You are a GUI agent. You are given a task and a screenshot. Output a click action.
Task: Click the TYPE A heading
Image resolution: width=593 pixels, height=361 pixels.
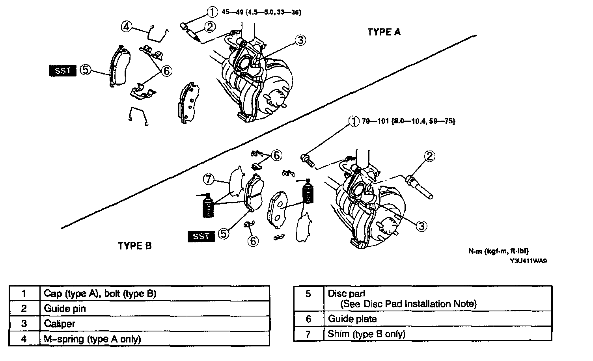click(384, 32)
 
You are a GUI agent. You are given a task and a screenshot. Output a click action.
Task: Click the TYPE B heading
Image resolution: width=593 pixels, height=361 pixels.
click(134, 246)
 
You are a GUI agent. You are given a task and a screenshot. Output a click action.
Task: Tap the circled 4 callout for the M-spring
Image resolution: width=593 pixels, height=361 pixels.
click(126, 26)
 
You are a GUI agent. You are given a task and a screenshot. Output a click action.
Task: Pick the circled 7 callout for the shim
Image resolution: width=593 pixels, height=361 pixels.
click(209, 179)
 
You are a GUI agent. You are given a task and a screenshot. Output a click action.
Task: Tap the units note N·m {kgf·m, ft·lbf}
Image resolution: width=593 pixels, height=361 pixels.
click(498, 251)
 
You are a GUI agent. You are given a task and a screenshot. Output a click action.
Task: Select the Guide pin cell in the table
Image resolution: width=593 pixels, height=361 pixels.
click(155, 309)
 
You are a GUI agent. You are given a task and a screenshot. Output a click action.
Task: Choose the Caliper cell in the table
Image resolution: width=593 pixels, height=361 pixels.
click(155, 324)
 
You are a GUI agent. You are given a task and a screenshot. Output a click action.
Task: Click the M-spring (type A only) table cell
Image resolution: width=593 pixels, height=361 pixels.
click(155, 339)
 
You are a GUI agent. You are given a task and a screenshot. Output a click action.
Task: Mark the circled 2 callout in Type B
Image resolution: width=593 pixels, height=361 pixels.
click(429, 156)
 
